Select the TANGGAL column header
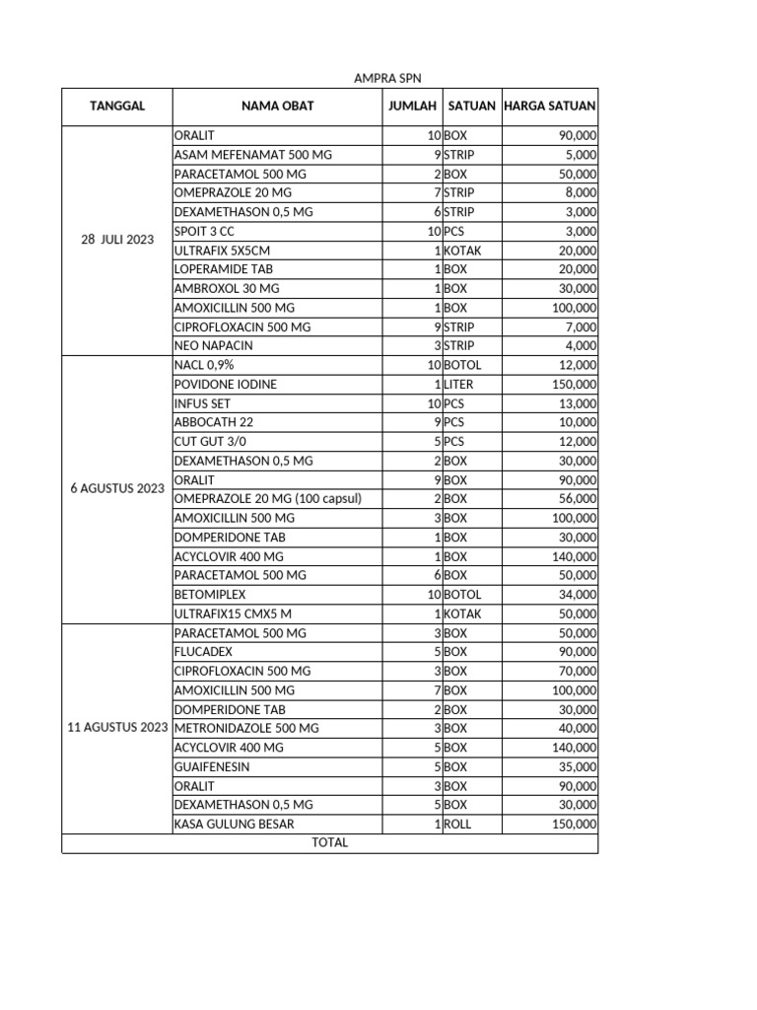coord(117,107)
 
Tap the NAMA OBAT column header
coord(277,107)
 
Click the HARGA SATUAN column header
coord(549,107)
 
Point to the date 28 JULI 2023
coord(117,240)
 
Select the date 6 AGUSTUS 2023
coord(117,489)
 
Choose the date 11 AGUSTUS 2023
coord(117,728)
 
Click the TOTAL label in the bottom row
coord(329,843)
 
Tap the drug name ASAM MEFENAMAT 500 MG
coord(239,155)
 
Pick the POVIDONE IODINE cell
coord(226,384)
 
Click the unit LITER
coord(459,384)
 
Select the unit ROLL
coord(457,824)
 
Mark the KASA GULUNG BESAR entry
coord(234,824)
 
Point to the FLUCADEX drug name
coord(203,651)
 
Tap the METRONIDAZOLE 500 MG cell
coord(246,728)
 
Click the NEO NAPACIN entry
coord(214,345)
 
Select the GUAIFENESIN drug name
coord(212,766)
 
